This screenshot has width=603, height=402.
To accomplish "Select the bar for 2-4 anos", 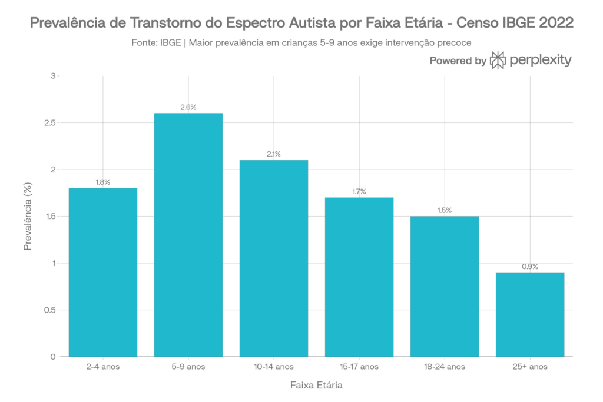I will point(103,272).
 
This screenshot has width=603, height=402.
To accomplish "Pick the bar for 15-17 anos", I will point(359,277).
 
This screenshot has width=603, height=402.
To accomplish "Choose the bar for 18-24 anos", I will point(445,286).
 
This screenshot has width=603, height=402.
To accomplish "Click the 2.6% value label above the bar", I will point(188,107).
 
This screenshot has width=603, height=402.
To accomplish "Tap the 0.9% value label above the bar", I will point(530,267).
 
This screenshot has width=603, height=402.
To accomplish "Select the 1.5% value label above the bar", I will point(445,210).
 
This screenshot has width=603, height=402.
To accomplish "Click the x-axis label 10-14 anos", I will point(274,366).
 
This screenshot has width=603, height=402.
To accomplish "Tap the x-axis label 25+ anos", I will point(530,366).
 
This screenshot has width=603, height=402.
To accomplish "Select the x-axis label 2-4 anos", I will point(103,366).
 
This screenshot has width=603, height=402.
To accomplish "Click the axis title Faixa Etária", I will point(316,386).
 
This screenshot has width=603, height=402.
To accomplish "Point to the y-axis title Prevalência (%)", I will point(27,216).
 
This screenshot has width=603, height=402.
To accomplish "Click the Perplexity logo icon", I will point(498,60).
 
